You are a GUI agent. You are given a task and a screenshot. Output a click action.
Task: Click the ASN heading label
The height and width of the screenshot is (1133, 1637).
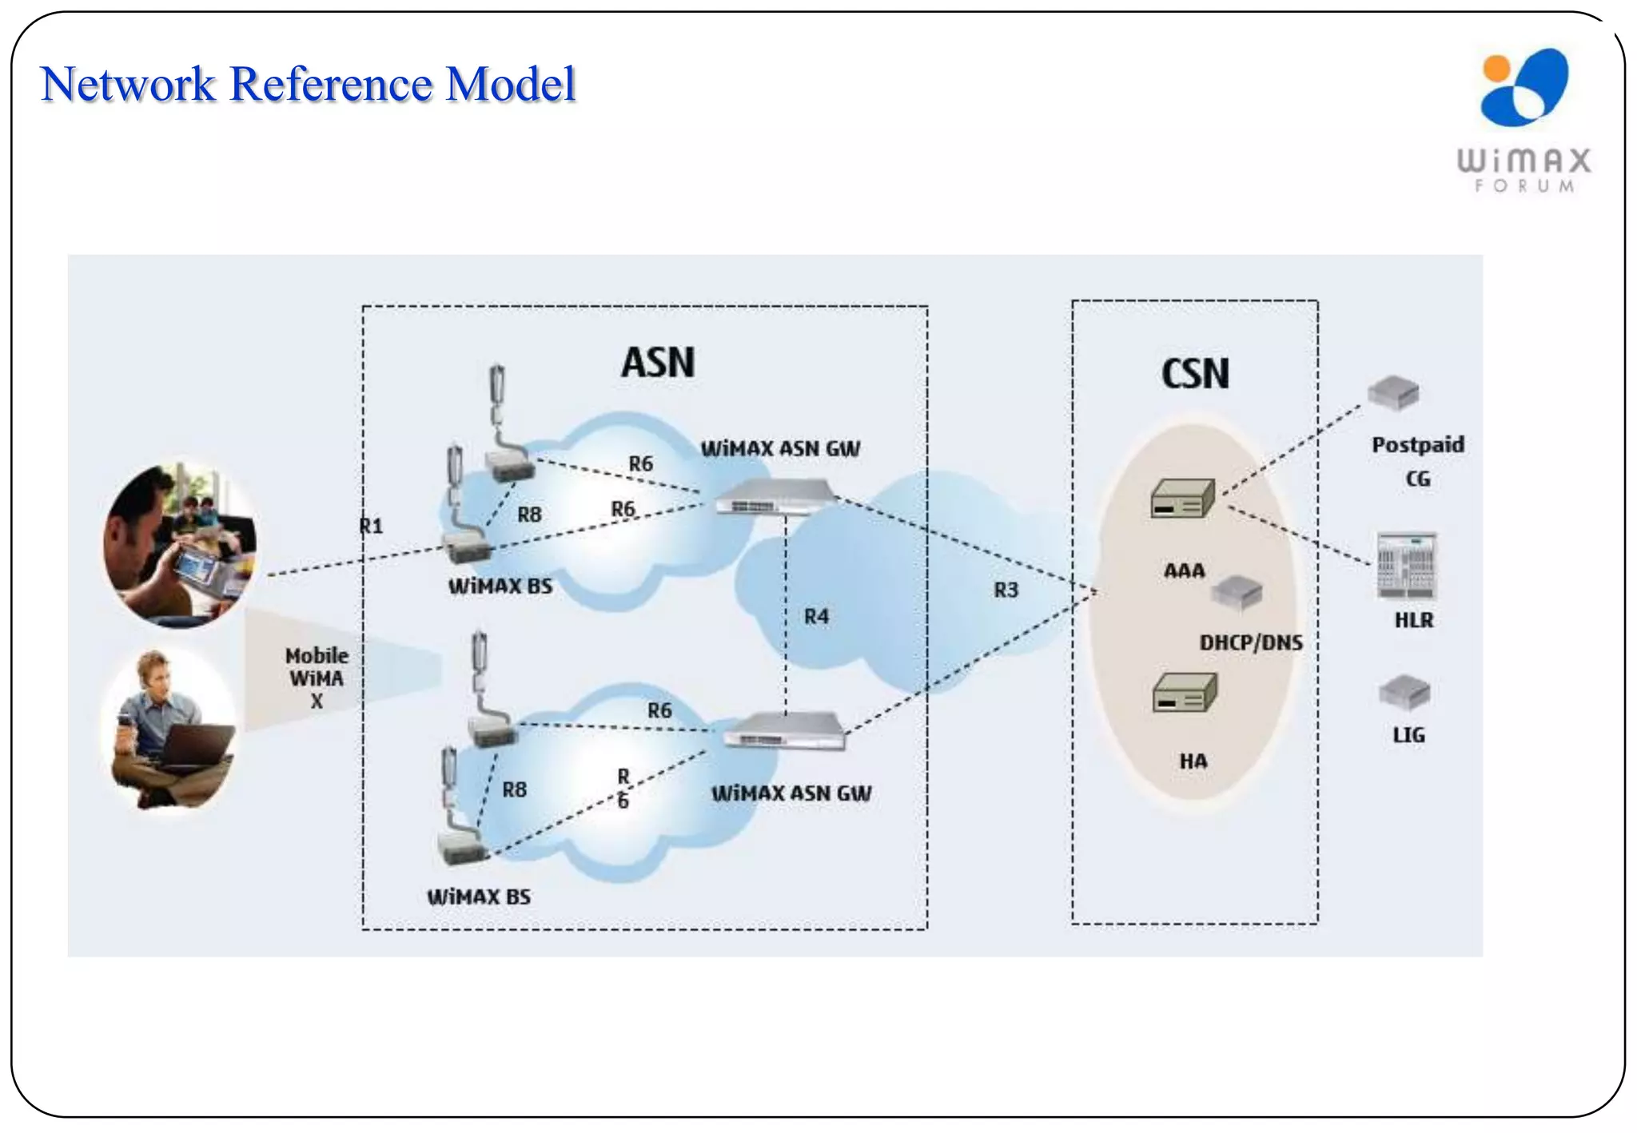pos(658,363)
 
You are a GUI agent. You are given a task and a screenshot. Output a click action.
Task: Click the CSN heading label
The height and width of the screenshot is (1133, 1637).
pos(1195,374)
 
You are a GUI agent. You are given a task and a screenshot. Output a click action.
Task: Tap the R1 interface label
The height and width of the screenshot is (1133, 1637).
pos(372,526)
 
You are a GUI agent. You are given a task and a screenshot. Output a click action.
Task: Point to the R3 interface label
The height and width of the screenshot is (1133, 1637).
pos(1006,590)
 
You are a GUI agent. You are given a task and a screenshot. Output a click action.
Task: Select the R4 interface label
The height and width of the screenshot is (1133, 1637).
pos(816,616)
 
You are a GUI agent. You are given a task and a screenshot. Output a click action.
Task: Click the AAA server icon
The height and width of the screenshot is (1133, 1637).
pos(1182,499)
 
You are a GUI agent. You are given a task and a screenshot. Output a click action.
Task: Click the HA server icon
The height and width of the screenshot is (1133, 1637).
pos(1184,693)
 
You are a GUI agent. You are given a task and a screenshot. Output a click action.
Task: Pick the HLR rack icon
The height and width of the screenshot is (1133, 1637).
pos(1406,566)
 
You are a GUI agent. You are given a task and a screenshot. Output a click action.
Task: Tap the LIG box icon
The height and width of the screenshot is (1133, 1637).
pos(1404,692)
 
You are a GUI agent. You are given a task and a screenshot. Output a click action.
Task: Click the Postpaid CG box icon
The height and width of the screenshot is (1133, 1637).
pos(1393,392)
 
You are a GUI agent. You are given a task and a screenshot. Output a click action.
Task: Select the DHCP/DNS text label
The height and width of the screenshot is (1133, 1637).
pos(1251,642)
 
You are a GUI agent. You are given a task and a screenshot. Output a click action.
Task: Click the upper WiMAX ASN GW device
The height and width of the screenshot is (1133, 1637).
pos(773,497)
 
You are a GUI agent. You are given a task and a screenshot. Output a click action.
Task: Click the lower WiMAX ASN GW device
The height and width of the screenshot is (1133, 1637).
pos(784,731)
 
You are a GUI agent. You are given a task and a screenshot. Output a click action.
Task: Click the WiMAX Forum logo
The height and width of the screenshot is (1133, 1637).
pos(1523,120)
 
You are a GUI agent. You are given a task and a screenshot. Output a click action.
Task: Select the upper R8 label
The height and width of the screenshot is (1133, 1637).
pos(529,515)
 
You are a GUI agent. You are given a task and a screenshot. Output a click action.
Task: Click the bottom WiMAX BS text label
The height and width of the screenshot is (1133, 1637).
pos(479,896)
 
